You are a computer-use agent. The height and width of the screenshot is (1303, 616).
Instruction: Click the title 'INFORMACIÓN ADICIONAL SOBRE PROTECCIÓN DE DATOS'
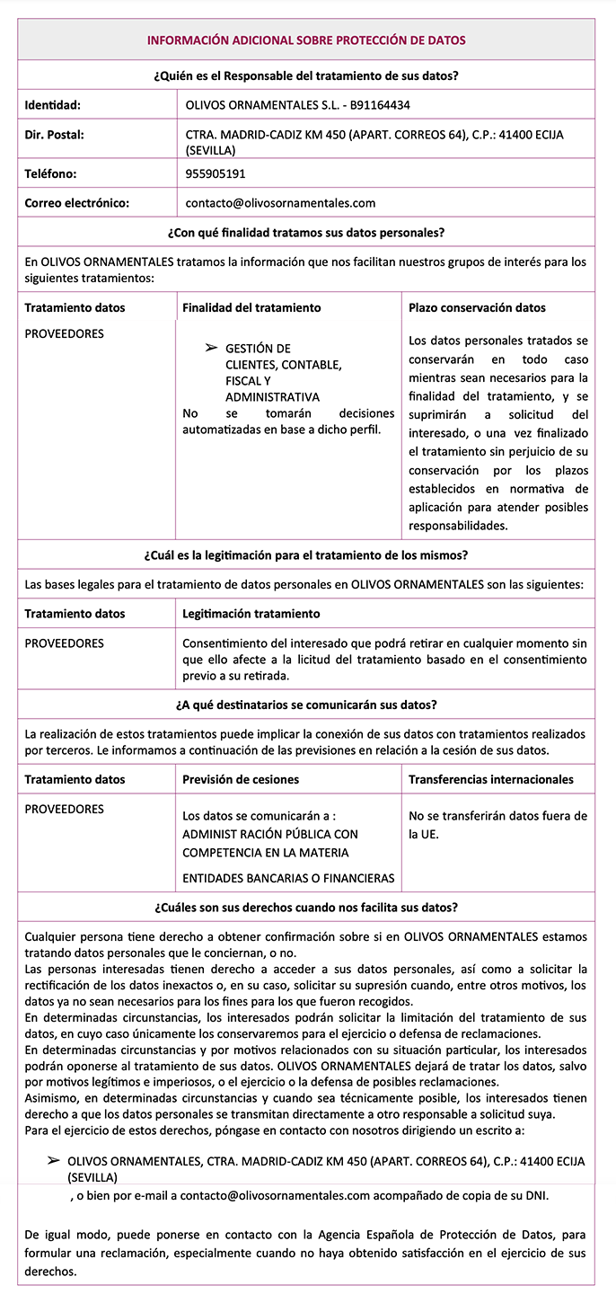pos(306,40)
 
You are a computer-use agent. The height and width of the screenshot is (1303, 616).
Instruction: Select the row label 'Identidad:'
pos(53,105)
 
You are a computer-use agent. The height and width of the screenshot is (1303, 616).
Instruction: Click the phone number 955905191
pos(216,173)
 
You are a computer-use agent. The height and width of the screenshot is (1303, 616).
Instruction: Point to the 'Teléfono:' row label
pos(51,173)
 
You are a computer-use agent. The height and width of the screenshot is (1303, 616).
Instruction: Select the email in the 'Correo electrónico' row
pos(280,203)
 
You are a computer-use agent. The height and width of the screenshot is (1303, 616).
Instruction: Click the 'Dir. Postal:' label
pos(55,135)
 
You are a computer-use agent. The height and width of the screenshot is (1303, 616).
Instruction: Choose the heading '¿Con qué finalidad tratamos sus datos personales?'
pos(306,233)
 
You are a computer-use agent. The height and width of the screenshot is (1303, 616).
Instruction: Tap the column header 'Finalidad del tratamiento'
pos(251,307)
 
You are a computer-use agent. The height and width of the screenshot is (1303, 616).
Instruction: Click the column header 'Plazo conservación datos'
pos(477,307)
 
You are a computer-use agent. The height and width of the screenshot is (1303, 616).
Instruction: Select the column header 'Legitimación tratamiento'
pos(251,614)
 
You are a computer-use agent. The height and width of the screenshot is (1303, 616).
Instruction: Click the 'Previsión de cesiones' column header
pos(241,779)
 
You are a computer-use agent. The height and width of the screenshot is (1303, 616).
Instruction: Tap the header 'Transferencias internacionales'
pos(490,779)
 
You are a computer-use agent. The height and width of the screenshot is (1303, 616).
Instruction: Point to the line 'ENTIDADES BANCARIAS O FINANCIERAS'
pos(288,878)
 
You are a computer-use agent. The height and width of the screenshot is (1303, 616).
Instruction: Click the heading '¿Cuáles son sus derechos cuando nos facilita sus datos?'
pos(306,907)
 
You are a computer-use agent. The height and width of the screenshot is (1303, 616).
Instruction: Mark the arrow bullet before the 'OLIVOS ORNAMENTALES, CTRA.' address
pos(54,1161)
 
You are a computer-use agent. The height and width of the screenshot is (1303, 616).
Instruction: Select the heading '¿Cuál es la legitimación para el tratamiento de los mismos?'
pos(306,554)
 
